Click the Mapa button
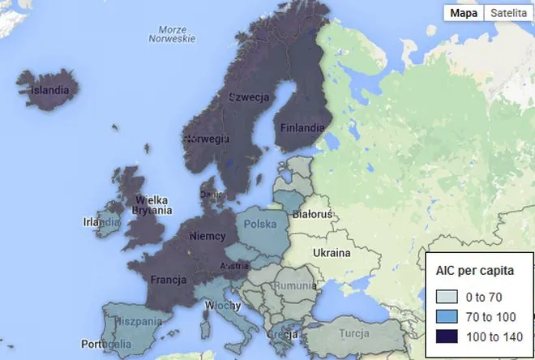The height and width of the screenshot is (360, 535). [463, 13]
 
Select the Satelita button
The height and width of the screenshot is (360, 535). [507, 13]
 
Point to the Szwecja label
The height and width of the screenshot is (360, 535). [248, 97]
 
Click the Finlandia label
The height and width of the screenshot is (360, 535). [302, 127]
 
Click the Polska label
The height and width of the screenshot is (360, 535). [260, 224]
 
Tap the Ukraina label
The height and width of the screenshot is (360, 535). [332, 253]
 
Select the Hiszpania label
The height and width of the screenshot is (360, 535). [127, 322]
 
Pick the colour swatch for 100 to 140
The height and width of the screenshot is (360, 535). [446, 336]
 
